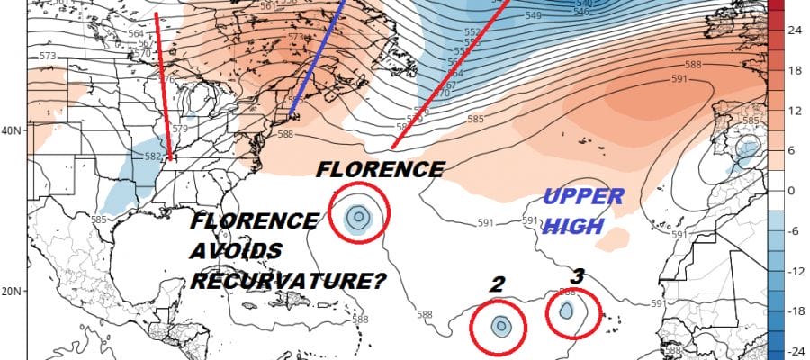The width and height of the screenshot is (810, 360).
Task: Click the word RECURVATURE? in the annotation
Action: (x=288, y=282)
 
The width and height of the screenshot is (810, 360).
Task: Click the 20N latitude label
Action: (x=13, y=291)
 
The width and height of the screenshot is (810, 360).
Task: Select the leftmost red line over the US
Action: (x=163, y=85)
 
